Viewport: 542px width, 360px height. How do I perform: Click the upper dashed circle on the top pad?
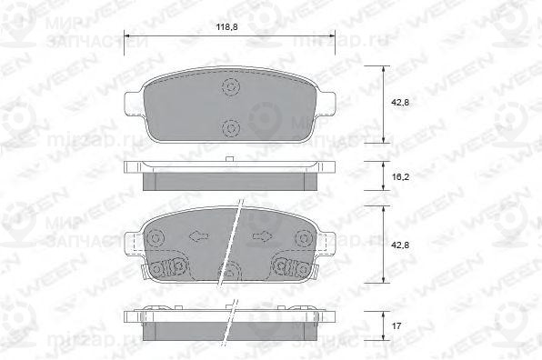pos(231,87)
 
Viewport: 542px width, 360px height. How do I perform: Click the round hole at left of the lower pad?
pos(156,239)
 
